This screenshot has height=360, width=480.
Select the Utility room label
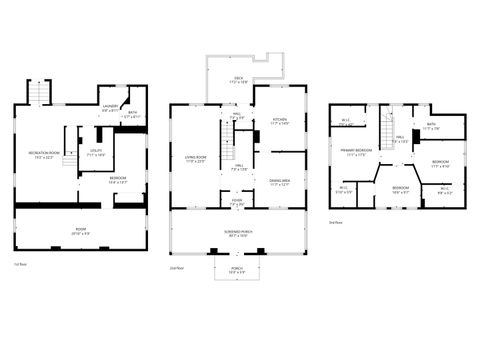[x=96, y=154]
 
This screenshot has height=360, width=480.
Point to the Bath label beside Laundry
[x=133, y=114]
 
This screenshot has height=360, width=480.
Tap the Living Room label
[x=194, y=159]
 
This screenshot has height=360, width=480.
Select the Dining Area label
[x=279, y=182]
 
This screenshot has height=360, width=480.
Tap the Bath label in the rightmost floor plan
[x=432, y=126]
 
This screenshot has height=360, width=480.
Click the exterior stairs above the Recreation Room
[x=38, y=93]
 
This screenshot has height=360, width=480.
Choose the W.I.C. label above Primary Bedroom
[x=346, y=123]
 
